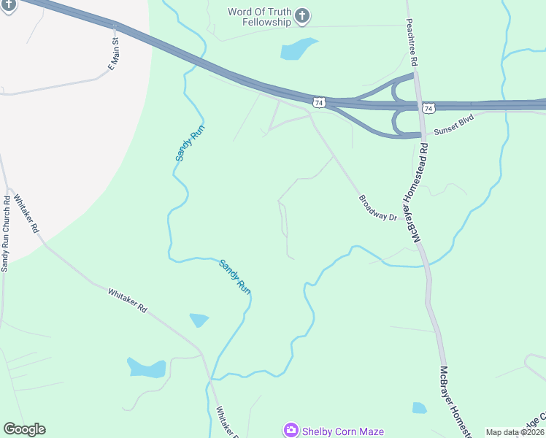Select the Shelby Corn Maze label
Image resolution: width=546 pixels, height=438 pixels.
(342, 431)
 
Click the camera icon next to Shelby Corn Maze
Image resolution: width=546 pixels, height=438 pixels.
(291, 430)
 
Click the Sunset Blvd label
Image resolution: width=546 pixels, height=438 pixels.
(454, 128)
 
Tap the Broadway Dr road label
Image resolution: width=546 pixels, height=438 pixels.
(377, 208)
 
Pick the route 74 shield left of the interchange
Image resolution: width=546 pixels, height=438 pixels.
(318, 103)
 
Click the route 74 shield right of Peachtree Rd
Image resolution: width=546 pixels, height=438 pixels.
(428, 108)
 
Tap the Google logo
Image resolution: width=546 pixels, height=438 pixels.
(24, 429)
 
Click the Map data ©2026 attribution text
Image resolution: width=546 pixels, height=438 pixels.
(515, 432)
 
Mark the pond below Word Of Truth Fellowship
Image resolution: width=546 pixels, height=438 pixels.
(299, 49)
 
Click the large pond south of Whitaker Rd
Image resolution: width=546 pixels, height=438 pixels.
(146, 368)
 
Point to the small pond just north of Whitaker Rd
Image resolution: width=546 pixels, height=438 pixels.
(199, 320)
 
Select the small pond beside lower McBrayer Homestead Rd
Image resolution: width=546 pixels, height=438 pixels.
(419, 408)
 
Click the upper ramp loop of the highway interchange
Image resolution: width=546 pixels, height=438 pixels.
(401, 91)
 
